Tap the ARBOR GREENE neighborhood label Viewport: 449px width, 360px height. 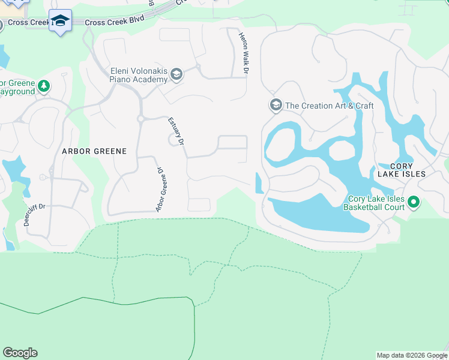point(94,151)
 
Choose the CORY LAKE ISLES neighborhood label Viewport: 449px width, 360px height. point(401,170)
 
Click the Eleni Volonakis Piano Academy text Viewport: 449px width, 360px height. point(138,75)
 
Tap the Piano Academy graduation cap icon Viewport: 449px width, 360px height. point(176,74)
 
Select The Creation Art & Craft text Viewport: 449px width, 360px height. point(329,106)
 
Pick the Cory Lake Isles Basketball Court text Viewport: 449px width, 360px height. point(374,203)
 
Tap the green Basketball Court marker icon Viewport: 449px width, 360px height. point(414,203)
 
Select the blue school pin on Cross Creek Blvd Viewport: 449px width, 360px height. point(60,22)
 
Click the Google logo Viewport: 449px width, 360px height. point(20,353)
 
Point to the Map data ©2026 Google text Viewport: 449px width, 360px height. point(412,355)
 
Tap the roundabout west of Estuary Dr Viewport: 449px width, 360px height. point(140,119)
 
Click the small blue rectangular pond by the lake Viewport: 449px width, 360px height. point(259,183)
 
